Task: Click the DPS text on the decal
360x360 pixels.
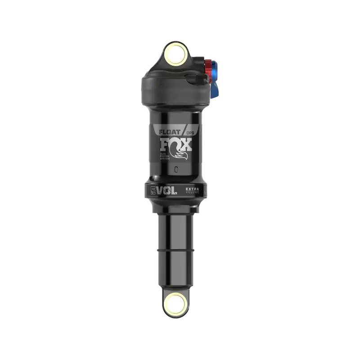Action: [x=190, y=133]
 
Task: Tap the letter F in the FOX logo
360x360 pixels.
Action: [x=165, y=144]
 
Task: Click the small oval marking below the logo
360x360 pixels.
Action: [x=176, y=170]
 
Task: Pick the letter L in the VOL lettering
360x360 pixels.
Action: [x=173, y=190]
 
